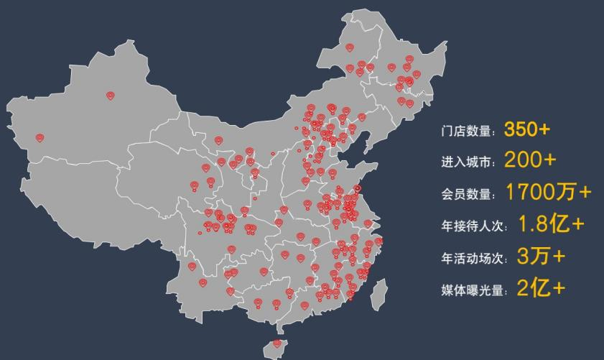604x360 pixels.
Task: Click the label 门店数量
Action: (468, 131)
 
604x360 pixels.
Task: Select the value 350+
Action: (526, 129)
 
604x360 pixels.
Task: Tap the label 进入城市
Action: (468, 162)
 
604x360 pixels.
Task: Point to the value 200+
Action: (529, 160)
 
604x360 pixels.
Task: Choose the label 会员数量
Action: (468, 194)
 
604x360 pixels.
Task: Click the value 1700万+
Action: (548, 192)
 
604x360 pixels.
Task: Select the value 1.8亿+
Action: (550, 223)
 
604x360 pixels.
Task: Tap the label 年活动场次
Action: (473, 257)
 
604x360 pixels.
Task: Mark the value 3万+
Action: (541, 255)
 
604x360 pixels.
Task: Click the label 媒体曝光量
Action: (473, 290)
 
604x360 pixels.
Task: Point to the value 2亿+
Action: (540, 287)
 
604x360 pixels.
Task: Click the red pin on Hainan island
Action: (277, 343)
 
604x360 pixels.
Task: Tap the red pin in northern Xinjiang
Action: (111, 95)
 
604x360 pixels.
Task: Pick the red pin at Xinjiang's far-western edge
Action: (40, 137)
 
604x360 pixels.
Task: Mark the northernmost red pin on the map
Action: (350, 47)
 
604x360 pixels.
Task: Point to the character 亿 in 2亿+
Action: (540, 287)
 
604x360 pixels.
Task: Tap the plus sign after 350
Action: (544, 129)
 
